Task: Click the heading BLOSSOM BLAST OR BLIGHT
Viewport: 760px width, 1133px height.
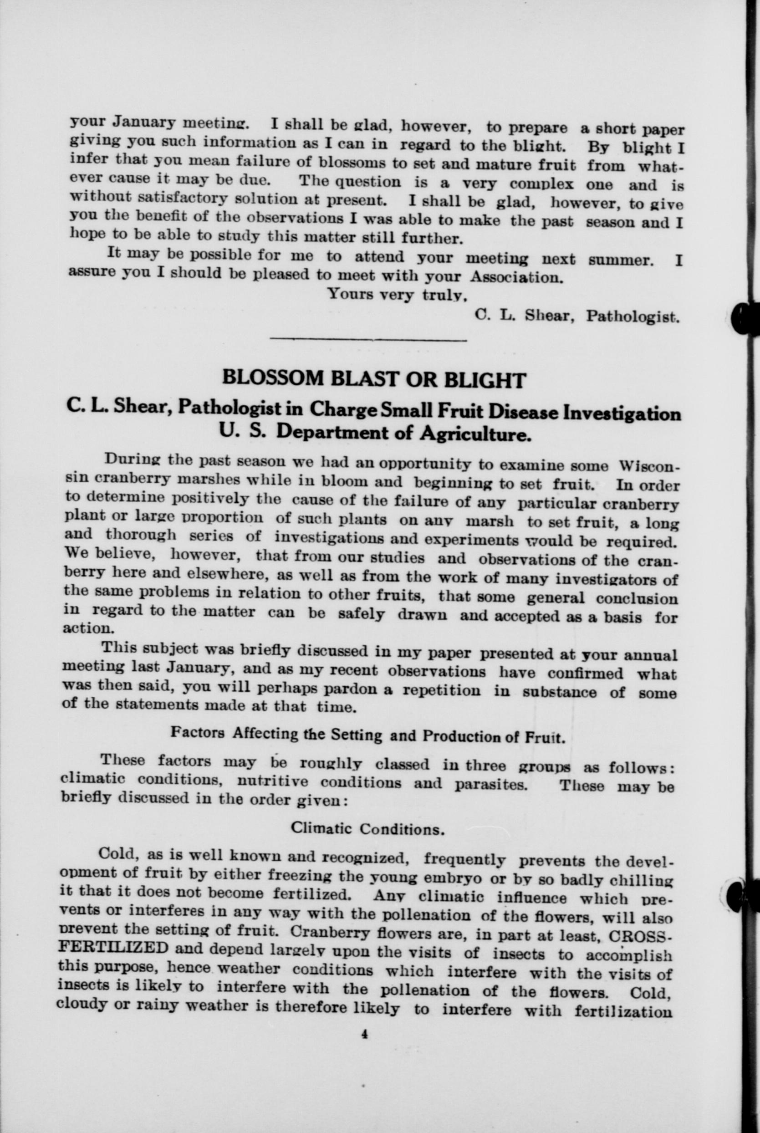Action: pyautogui.click(x=373, y=379)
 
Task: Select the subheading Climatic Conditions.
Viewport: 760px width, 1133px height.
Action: pyautogui.click(x=367, y=829)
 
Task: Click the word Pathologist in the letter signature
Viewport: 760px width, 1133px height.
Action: pyautogui.click(x=632, y=317)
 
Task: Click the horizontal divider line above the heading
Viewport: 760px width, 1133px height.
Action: pyautogui.click(x=368, y=340)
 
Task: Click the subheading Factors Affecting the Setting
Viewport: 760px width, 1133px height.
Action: pyautogui.click(x=367, y=734)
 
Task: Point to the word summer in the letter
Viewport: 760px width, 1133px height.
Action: pyautogui.click(x=621, y=260)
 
